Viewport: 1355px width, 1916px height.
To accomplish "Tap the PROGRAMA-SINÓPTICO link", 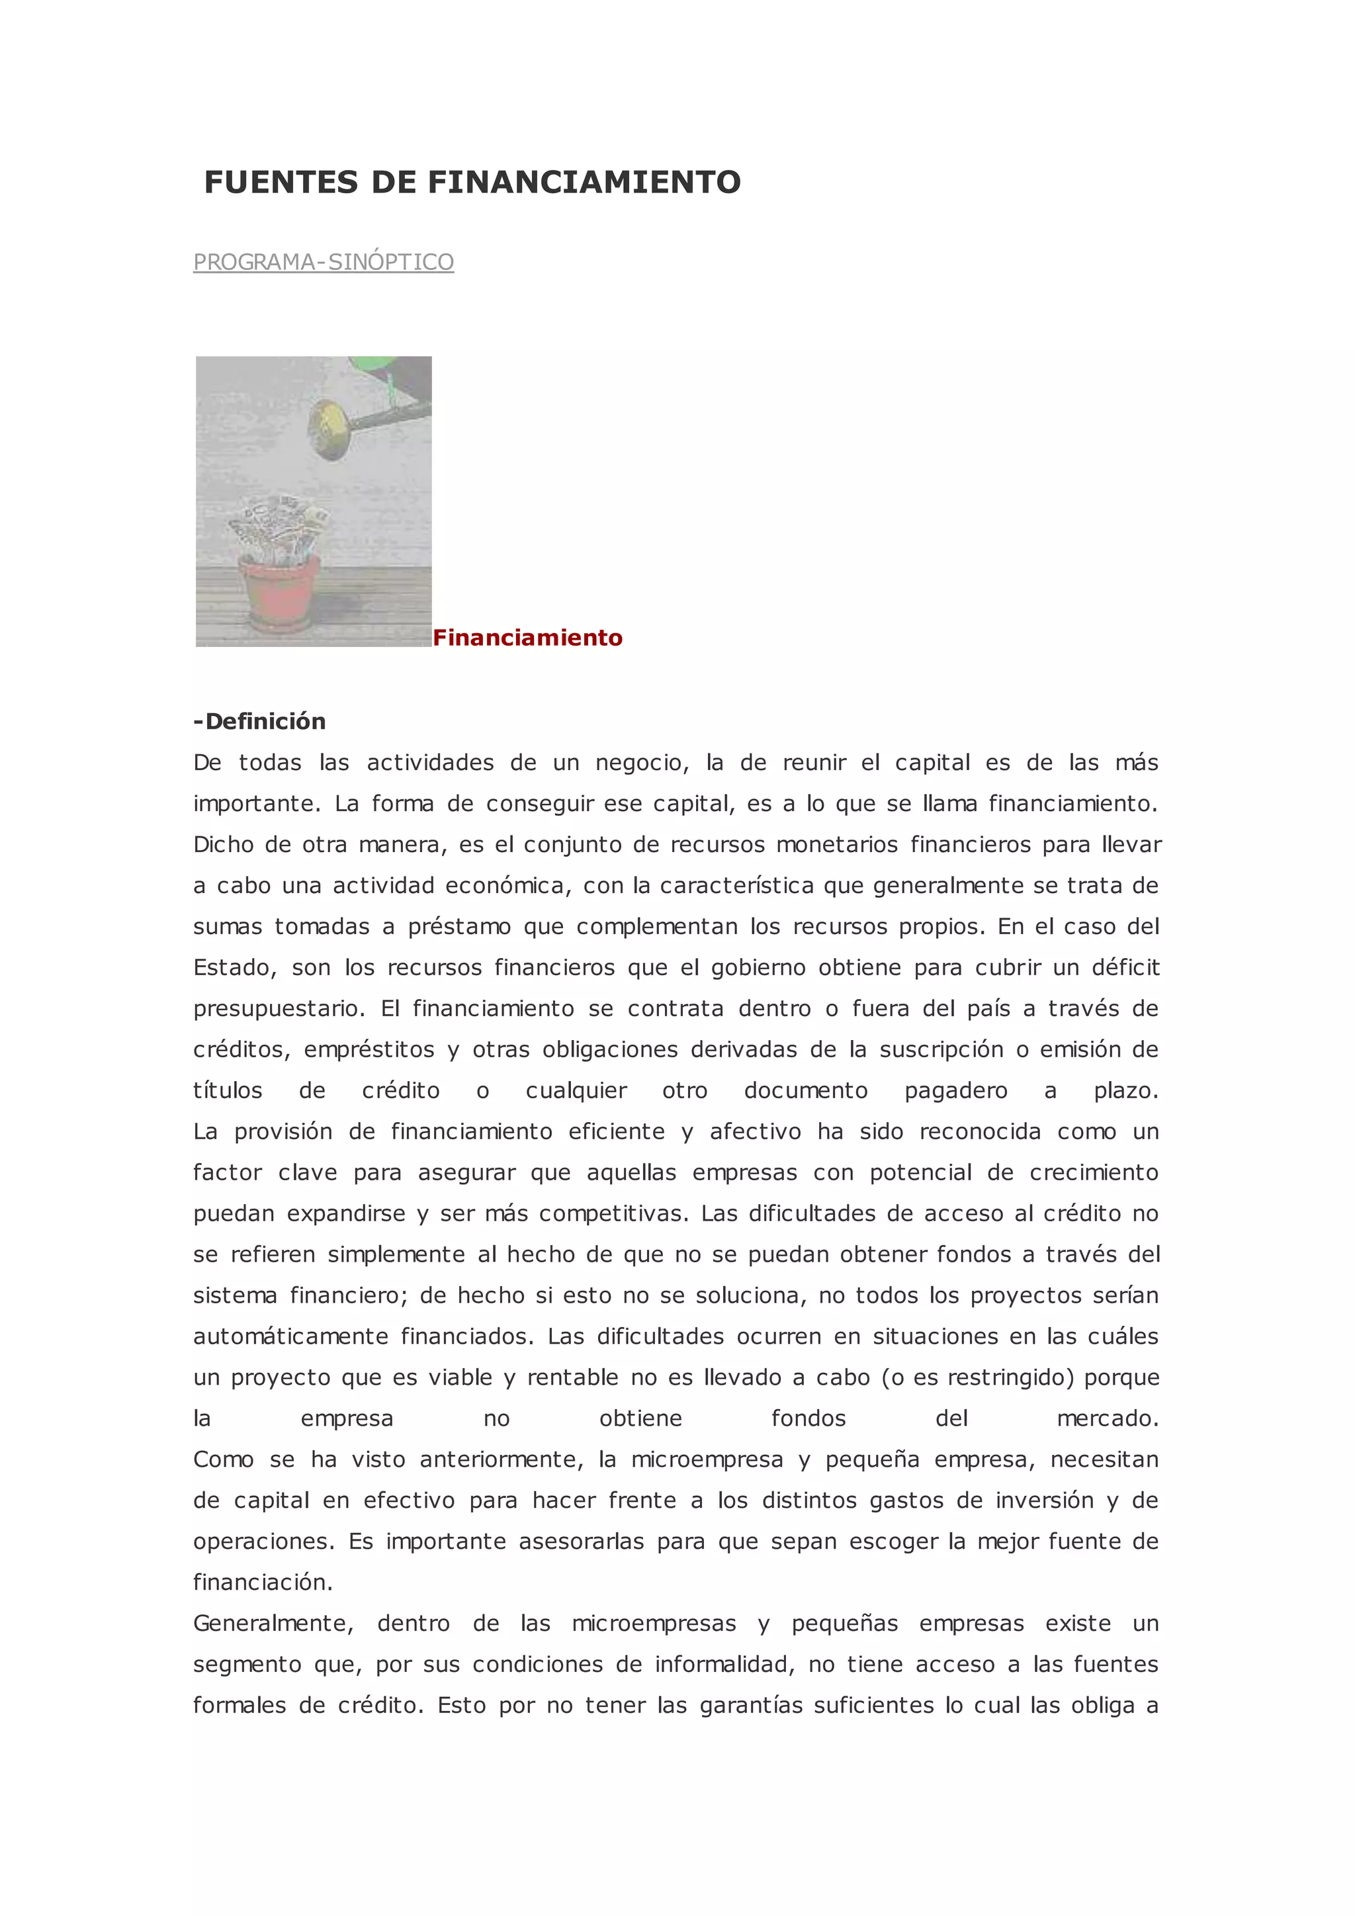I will click(324, 262).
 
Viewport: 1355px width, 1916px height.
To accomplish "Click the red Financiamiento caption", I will click(527, 638).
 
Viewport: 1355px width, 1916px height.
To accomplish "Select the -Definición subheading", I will click(259, 721).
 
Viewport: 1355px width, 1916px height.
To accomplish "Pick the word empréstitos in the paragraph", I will click(369, 1050).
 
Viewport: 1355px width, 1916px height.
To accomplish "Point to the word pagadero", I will click(955, 1091).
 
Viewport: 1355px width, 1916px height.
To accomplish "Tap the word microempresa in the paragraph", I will click(707, 1459).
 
